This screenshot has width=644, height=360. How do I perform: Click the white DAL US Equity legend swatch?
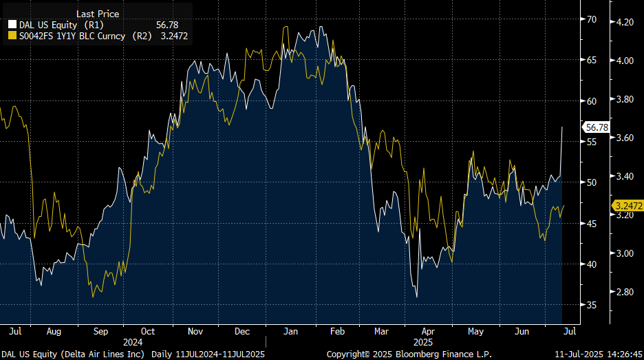[x=12, y=25]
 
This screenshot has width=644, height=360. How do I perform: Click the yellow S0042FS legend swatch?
[x=12, y=36]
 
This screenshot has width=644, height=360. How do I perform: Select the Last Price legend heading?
[x=97, y=14]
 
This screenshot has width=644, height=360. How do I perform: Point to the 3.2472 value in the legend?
[x=173, y=36]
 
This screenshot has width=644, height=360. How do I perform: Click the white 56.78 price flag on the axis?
[x=595, y=127]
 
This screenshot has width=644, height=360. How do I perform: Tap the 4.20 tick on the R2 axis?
[x=624, y=22]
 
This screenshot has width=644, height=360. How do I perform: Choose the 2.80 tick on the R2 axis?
[x=624, y=292]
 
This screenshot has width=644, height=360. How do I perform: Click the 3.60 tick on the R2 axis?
[x=624, y=138]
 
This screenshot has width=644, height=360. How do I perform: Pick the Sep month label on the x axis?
[x=101, y=331]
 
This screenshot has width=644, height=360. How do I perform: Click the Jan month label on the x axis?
[x=290, y=331]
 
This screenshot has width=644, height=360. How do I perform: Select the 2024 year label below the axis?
[x=133, y=341]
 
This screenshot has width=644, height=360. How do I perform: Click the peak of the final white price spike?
[x=562, y=127]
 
